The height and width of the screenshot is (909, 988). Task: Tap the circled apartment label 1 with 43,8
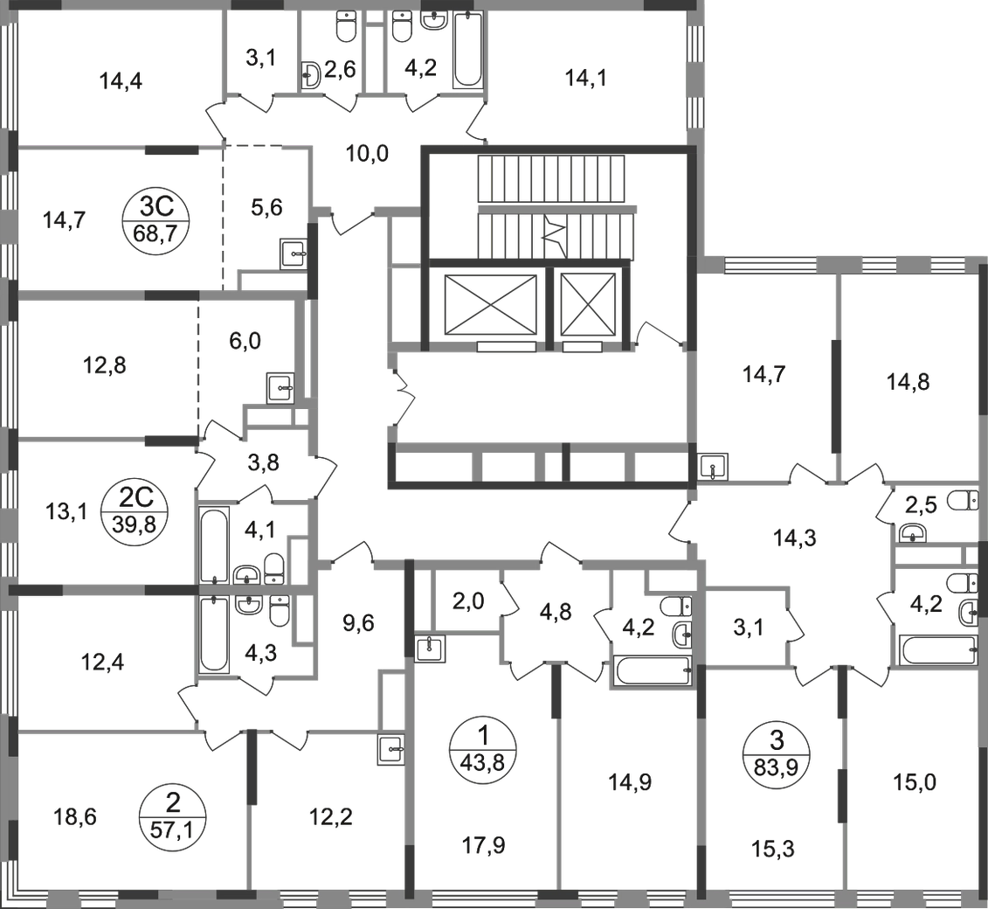483,748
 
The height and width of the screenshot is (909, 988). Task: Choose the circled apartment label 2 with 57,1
171,815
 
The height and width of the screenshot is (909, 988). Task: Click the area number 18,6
75,817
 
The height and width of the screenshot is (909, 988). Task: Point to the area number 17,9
483,845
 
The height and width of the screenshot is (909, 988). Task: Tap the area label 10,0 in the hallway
368,153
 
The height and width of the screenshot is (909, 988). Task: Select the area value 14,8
908,381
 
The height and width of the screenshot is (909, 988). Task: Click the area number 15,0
915,782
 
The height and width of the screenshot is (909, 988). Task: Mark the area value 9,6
358,623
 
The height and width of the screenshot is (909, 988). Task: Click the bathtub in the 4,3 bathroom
214,634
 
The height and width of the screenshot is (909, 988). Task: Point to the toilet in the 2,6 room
345,25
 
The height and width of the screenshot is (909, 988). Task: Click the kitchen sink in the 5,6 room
294,254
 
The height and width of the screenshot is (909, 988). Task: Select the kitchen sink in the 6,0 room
281,388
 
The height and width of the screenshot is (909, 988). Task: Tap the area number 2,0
469,601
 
